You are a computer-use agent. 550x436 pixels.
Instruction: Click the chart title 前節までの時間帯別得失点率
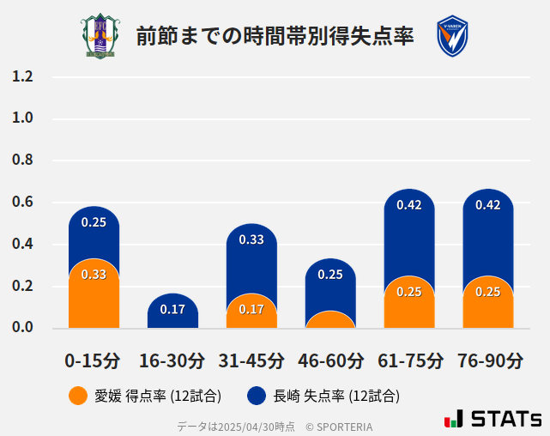(275, 36)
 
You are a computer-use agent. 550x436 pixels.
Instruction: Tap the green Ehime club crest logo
(101, 36)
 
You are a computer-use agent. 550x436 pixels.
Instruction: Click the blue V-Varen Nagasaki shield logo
(451, 36)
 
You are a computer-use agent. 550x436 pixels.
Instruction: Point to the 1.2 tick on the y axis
(22, 76)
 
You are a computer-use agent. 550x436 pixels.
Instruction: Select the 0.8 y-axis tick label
(22, 160)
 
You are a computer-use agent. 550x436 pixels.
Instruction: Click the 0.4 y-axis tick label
(22, 245)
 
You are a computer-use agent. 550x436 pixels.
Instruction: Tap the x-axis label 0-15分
(93, 360)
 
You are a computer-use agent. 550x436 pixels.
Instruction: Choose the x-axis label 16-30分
(172, 360)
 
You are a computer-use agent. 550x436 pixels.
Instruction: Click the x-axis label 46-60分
(330, 360)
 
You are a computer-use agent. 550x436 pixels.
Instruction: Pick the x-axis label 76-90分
(488, 360)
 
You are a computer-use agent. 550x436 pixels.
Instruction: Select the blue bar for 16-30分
(172, 311)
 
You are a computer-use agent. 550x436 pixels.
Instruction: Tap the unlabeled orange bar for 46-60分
(330, 320)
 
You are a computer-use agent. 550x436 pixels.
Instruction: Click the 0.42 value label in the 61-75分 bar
(409, 205)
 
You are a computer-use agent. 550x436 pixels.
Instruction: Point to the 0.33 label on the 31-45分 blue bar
(251, 239)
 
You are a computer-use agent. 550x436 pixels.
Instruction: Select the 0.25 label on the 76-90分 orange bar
(488, 292)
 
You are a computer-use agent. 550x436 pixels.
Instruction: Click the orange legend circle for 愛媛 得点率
(77, 396)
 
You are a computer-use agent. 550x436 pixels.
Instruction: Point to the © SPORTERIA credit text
(339, 426)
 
